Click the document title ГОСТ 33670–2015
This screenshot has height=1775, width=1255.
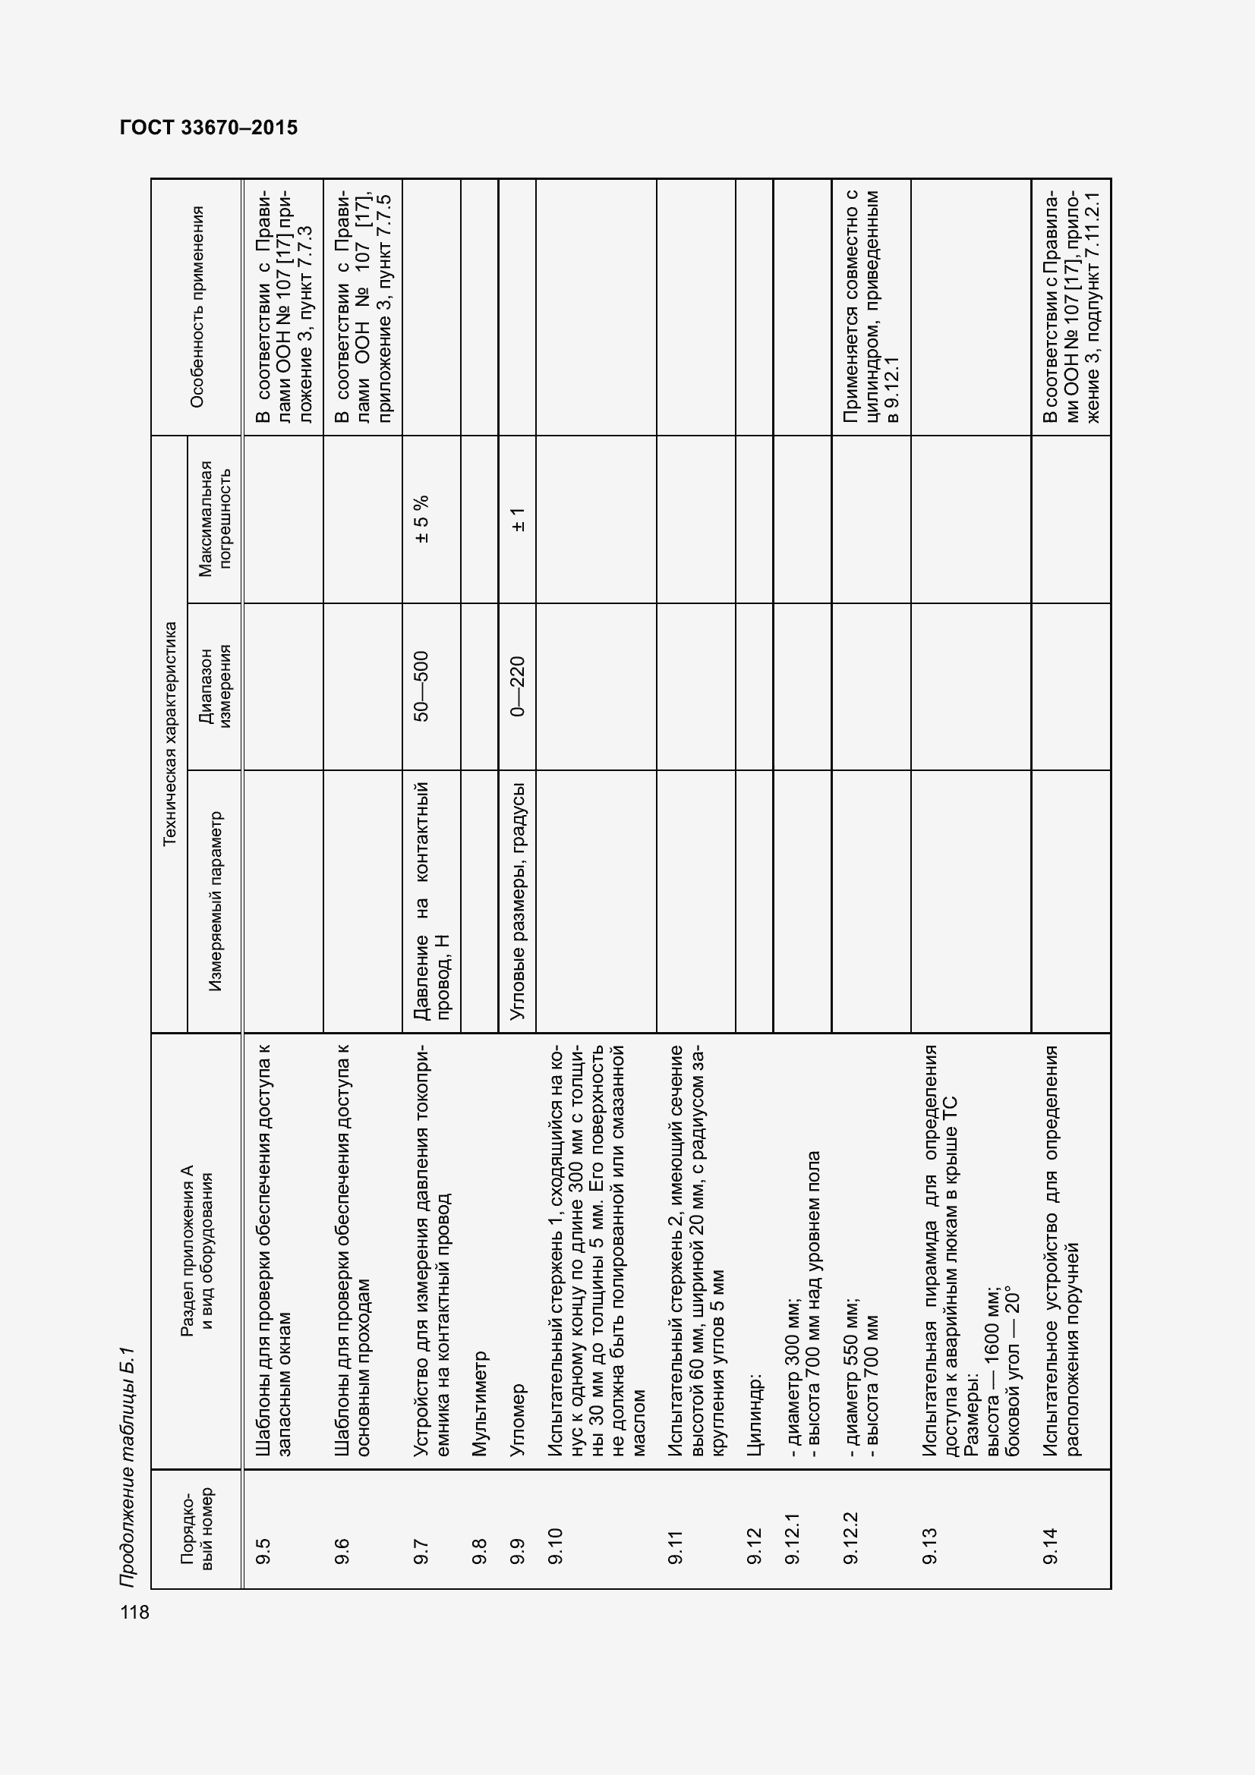coord(209,127)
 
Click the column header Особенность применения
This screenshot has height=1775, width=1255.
coord(197,307)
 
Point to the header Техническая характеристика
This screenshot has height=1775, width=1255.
coord(170,733)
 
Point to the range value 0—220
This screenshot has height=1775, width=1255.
coord(517,687)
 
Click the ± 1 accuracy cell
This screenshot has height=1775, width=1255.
coord(517,519)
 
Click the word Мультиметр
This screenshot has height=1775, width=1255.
coord(478,1403)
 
